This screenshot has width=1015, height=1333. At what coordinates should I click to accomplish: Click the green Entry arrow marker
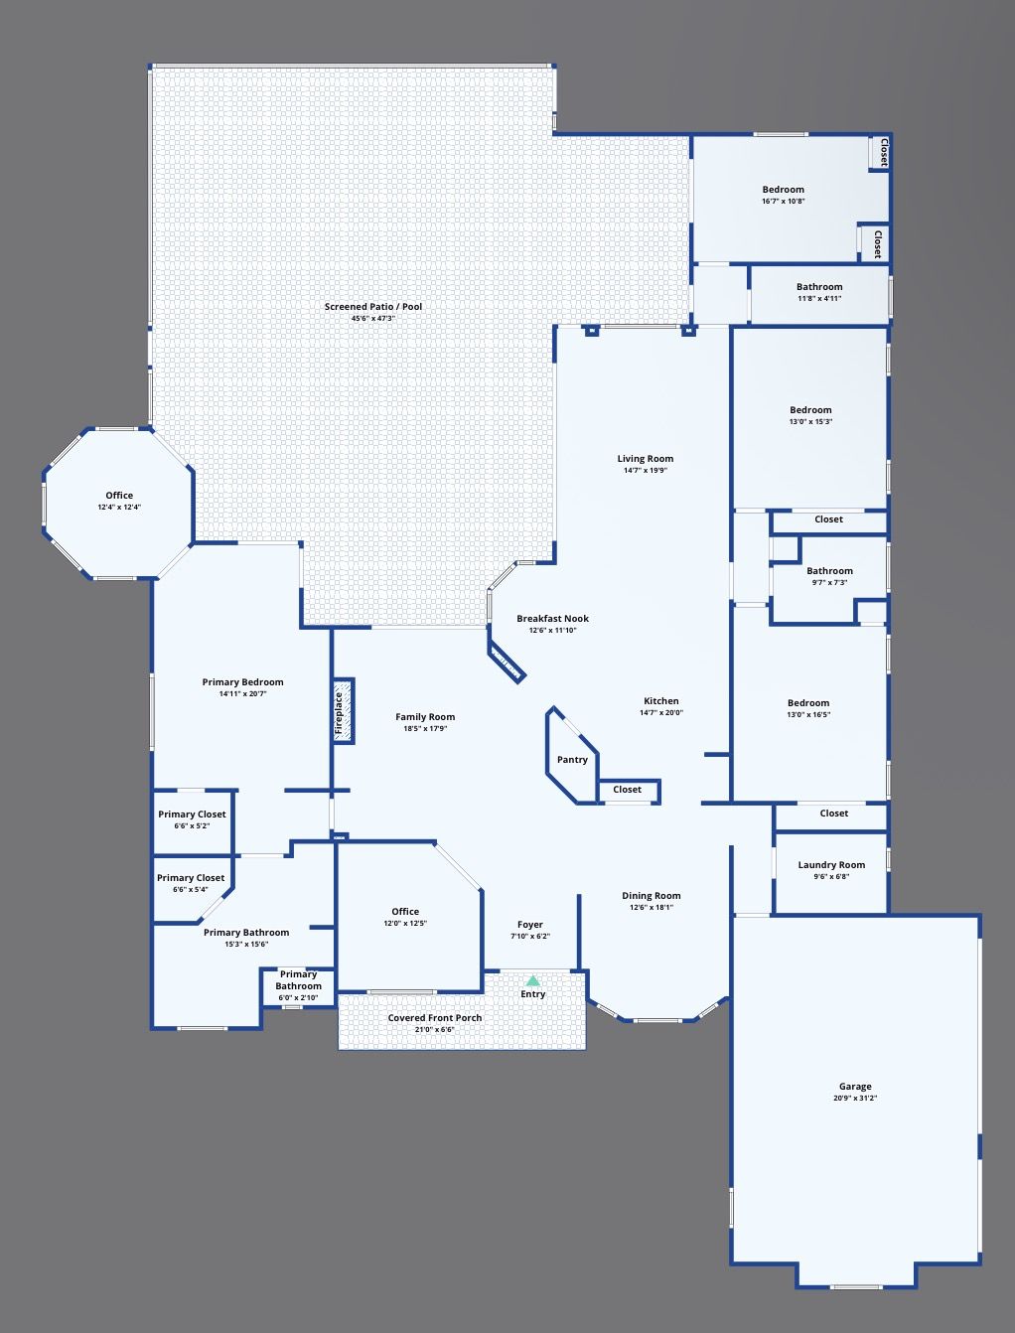pos(532,980)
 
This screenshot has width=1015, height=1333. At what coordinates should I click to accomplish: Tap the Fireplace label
pos(339,712)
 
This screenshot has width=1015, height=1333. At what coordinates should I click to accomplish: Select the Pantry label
pos(572,760)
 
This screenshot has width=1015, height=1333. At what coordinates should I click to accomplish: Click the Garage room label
pos(855,1087)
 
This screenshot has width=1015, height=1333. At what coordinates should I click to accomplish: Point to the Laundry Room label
pos(831,865)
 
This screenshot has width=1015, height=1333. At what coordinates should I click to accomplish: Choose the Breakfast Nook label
pos(552,619)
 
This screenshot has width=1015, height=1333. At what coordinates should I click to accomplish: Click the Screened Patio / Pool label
pos(372,307)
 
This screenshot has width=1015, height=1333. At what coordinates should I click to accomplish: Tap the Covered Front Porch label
pos(434,1018)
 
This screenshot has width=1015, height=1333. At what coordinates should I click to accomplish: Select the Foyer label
pos(529,925)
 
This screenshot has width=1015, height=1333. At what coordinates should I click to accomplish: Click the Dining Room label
pos(651,896)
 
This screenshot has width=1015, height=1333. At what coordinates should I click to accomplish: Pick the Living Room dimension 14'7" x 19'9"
pos(646,471)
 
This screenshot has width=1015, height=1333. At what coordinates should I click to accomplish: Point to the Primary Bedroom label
pos(242,682)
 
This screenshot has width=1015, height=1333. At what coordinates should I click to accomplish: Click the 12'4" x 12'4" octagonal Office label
pos(119,496)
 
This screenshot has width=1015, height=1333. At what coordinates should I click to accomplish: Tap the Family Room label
pos(425,717)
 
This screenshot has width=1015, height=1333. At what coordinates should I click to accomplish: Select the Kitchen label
pos(661,701)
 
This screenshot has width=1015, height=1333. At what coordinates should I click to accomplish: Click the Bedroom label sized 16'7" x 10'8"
pos(783,190)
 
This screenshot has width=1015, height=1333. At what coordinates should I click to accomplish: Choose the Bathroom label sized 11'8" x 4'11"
pos(819,287)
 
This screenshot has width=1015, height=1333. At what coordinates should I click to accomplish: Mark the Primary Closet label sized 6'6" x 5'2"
pos(192,815)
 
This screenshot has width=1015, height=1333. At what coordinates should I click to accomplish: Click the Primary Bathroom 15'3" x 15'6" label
pos(246,933)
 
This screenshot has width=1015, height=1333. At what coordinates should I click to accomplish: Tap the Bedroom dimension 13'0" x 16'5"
pos(808,714)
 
